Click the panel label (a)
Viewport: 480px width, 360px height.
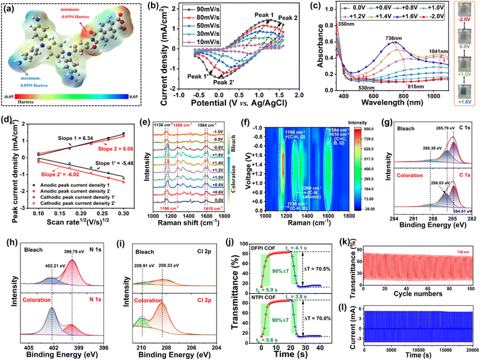point(13,9)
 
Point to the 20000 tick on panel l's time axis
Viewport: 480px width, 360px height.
point(470,350)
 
